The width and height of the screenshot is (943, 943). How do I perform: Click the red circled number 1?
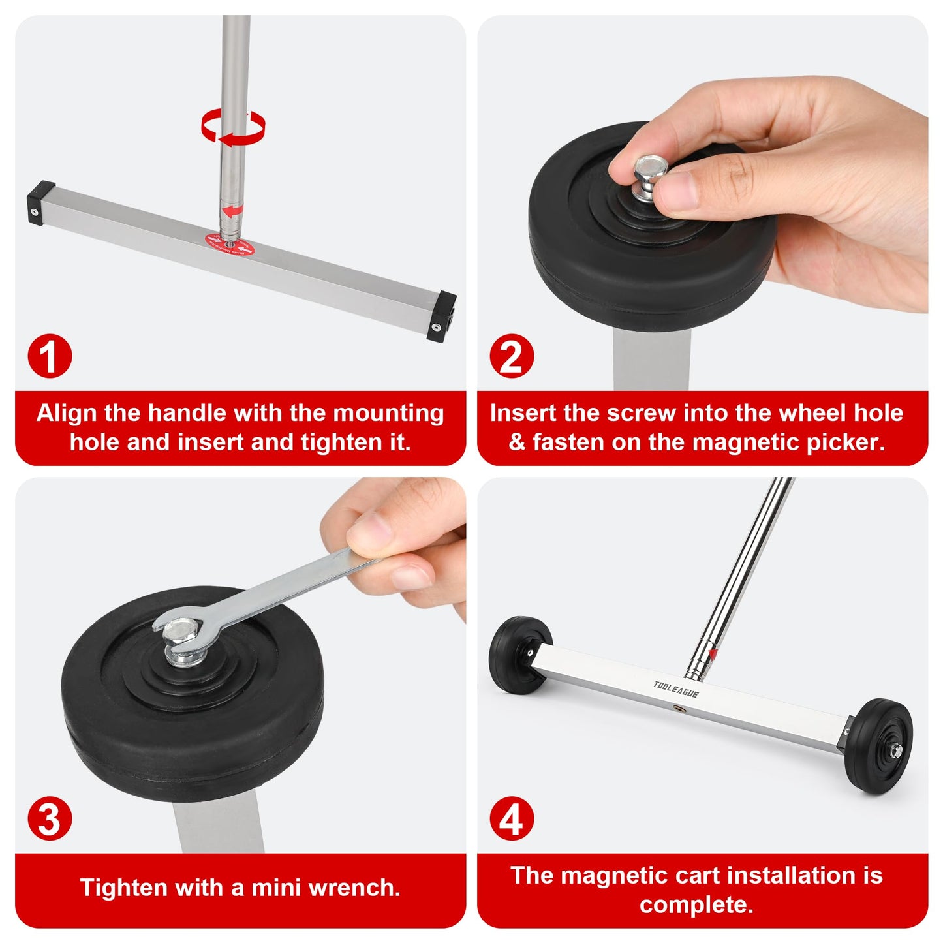(50, 356)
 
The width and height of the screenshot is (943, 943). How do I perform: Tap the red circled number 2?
(512, 356)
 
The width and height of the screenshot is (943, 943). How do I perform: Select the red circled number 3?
(50, 818)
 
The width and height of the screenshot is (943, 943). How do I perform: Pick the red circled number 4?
(512, 818)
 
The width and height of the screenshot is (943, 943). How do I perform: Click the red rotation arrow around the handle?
(233, 126)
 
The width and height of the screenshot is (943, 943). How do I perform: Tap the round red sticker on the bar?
(228, 246)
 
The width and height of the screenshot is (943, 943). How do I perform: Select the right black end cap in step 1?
(442, 316)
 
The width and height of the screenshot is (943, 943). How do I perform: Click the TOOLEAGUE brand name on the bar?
(675, 689)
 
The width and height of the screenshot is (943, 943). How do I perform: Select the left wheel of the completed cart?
(519, 655)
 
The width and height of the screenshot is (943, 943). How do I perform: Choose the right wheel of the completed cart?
(878, 746)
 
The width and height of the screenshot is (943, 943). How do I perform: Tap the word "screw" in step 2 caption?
(641, 413)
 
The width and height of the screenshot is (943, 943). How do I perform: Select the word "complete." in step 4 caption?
(696, 904)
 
